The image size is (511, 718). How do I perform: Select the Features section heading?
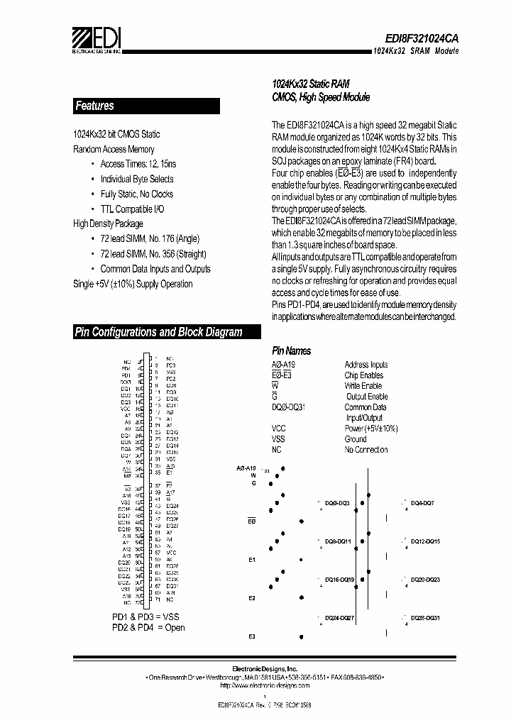[x=94, y=106]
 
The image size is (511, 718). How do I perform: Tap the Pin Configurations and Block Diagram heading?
[x=158, y=332]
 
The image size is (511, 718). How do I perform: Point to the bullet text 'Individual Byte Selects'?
[x=136, y=179]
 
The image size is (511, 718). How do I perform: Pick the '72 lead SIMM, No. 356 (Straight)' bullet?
[x=153, y=254]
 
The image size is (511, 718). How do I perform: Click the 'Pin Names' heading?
[x=291, y=351]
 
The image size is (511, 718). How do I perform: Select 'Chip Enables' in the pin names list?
[x=363, y=375]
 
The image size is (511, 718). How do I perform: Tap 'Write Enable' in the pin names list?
[x=363, y=386]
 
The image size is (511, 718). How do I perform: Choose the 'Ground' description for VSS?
[x=356, y=439]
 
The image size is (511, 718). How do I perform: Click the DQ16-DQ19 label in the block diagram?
[x=340, y=580]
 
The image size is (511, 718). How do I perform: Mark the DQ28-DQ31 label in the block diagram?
[x=426, y=618]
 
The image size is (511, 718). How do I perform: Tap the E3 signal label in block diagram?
[x=252, y=636]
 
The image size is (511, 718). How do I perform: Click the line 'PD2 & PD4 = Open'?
[x=148, y=627]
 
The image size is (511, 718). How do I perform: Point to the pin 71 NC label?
[x=165, y=599]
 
